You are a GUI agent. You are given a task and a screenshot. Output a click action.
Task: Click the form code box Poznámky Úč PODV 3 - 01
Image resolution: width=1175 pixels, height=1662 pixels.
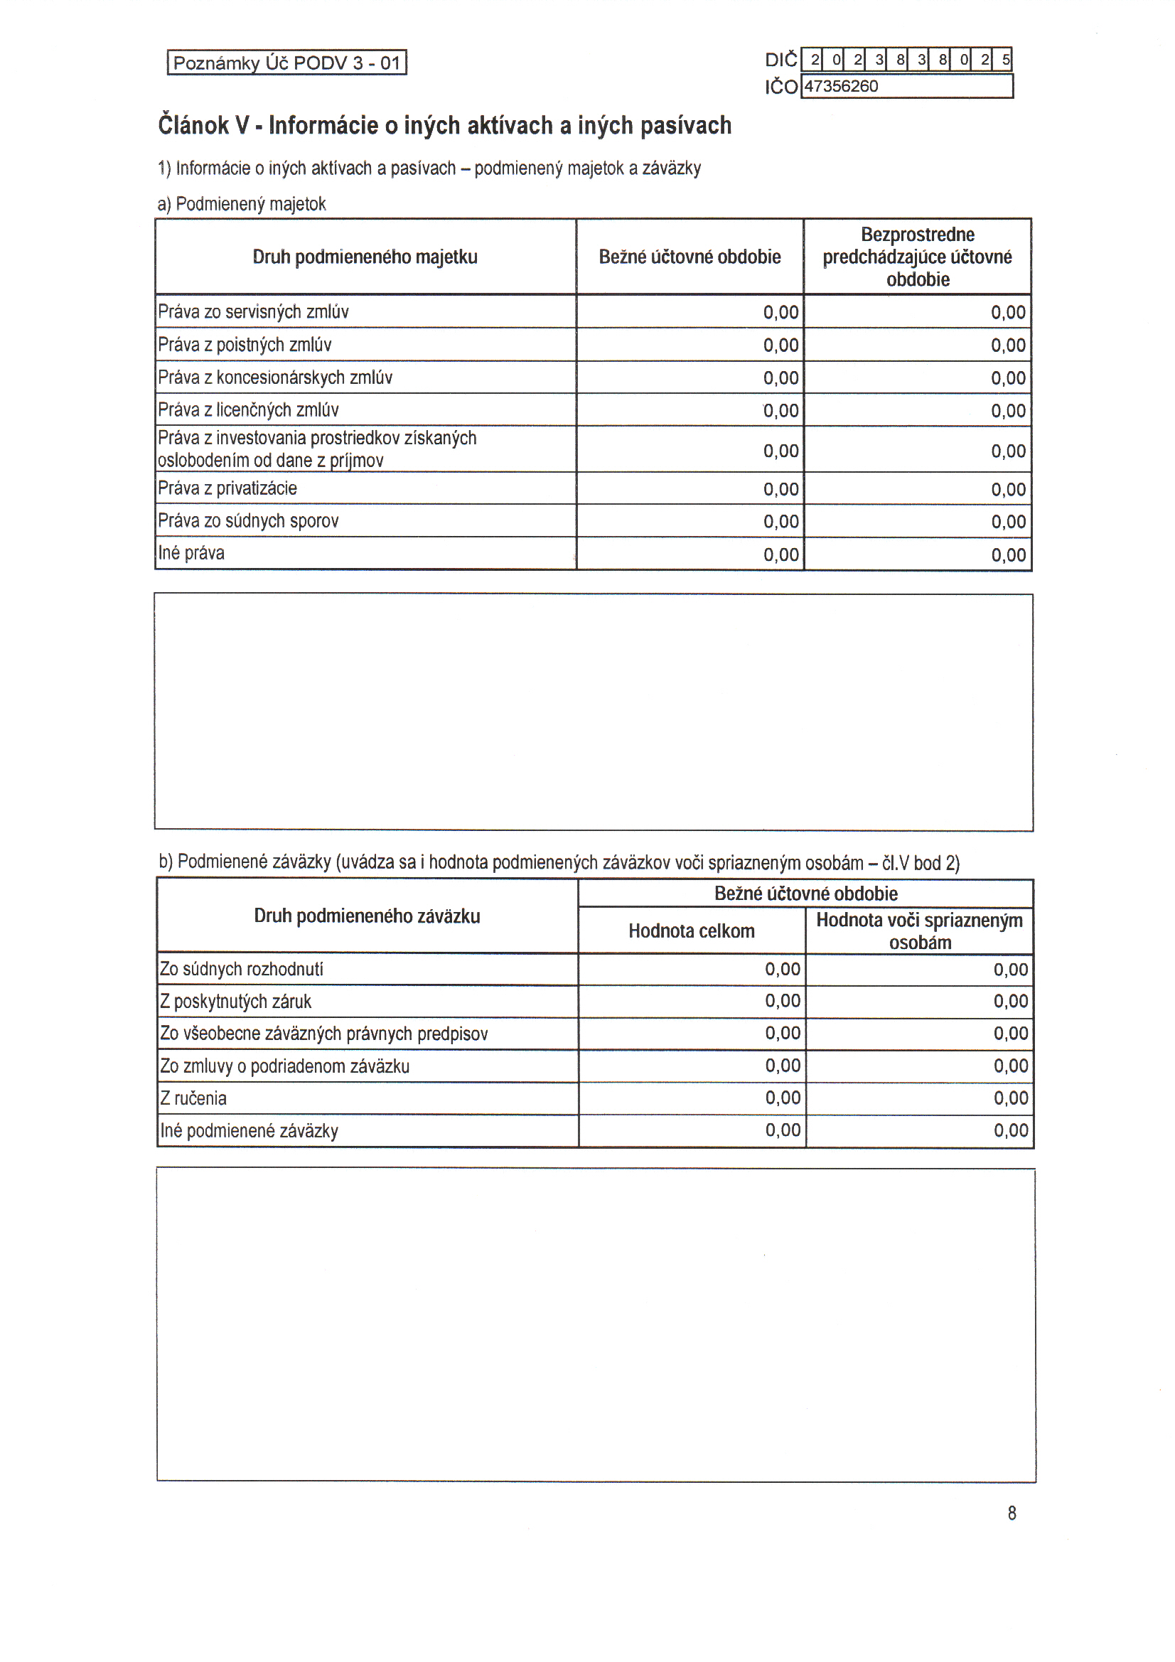tap(286, 63)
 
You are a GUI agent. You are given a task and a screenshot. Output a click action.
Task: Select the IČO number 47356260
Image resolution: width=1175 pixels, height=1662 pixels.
tap(841, 87)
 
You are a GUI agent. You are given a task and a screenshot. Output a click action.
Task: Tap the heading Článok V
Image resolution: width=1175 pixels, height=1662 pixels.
tap(444, 125)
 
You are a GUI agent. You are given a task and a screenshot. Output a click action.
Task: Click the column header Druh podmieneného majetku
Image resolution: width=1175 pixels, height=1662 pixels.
tap(365, 257)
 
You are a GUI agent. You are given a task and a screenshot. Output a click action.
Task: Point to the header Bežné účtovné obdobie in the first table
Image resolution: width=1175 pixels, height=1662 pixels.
tap(690, 257)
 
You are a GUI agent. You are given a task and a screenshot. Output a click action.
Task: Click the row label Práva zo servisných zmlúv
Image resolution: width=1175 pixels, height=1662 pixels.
tap(253, 312)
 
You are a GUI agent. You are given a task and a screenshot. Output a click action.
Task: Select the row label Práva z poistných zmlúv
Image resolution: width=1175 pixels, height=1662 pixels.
tap(245, 345)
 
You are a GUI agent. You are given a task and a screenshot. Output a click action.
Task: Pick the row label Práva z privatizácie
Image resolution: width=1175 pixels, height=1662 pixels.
tap(227, 488)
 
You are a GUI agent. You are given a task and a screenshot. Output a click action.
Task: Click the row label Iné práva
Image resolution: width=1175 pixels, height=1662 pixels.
tap(191, 553)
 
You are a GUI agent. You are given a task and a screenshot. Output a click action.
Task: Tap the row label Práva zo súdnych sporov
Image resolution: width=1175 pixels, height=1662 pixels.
tap(248, 521)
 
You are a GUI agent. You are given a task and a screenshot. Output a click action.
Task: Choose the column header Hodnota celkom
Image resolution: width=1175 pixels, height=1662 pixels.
tap(692, 931)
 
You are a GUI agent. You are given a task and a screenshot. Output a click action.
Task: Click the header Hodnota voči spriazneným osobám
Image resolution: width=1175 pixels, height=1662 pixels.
tap(919, 931)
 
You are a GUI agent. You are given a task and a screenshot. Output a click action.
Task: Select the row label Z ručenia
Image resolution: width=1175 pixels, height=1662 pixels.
tap(193, 1098)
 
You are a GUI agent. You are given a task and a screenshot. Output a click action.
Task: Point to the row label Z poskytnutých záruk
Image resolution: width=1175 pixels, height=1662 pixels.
tap(235, 1002)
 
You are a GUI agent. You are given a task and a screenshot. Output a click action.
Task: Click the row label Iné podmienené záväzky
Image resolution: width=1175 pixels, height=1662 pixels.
tap(249, 1131)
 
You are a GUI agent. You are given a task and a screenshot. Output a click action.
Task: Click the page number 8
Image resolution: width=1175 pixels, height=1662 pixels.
tap(1012, 1513)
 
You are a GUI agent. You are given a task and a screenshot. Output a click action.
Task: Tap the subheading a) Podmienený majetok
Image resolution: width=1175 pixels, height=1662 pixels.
tap(242, 204)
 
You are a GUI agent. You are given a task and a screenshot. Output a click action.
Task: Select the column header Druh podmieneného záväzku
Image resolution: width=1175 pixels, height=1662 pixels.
tap(367, 916)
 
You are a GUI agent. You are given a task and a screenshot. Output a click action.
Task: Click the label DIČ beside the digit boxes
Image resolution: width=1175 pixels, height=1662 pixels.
tap(780, 60)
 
